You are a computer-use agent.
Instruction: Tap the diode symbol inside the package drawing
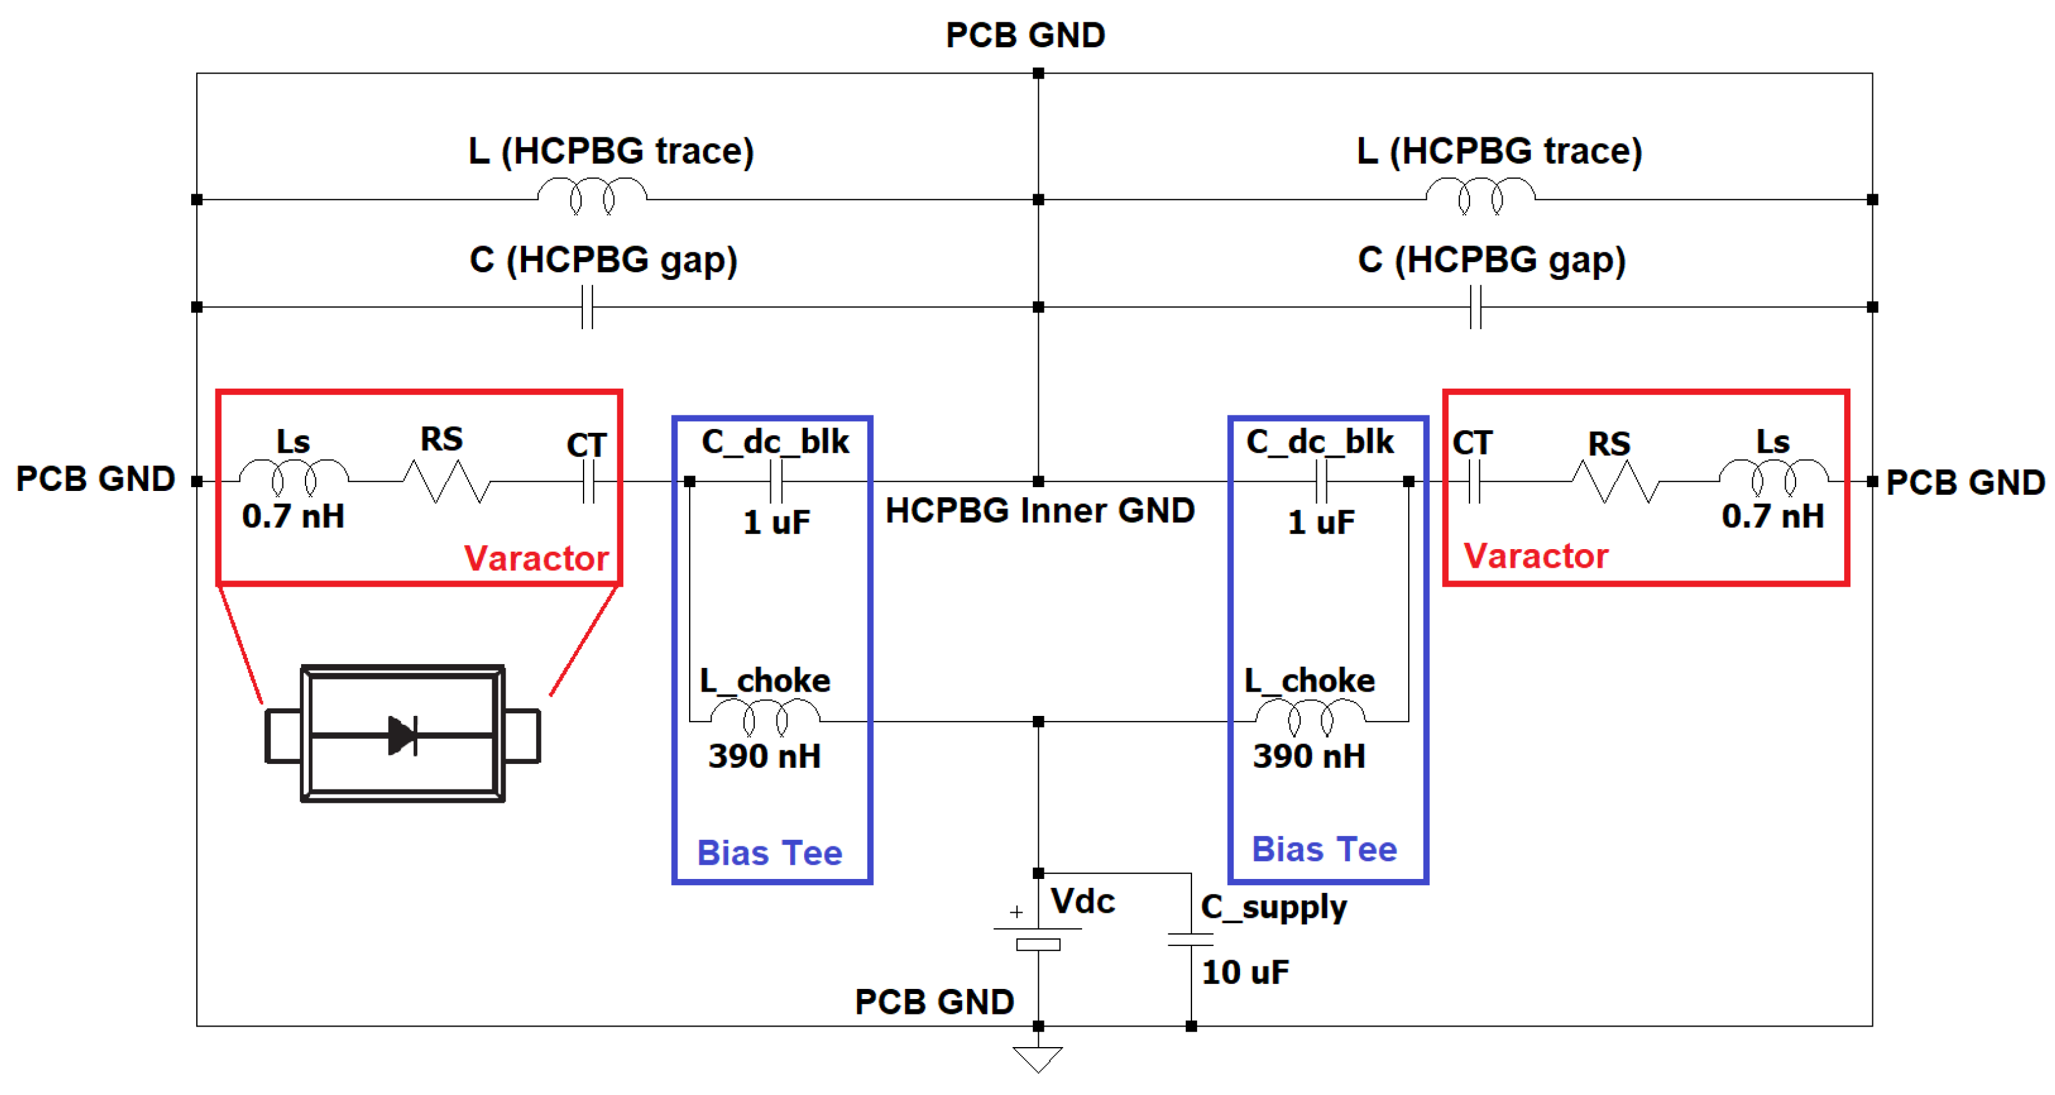(403, 734)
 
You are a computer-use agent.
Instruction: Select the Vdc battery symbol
(1038, 936)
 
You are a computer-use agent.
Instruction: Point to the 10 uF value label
(1245, 972)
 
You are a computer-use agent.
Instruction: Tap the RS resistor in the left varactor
(446, 481)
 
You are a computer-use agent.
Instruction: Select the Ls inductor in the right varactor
(1772, 476)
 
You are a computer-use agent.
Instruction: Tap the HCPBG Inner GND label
(1039, 510)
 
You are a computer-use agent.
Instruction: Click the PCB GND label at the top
(1025, 35)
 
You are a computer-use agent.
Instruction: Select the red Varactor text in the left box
(536, 558)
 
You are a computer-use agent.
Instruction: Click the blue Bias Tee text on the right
(1324, 850)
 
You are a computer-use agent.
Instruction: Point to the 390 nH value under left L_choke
(764, 756)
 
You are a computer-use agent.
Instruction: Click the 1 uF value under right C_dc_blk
(1321, 523)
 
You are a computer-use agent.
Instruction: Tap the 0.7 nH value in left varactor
(293, 516)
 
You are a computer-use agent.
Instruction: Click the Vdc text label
(1083, 901)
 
